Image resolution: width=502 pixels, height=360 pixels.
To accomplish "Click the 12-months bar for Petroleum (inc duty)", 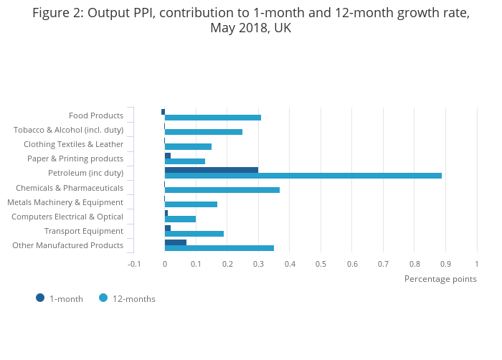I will (x=303, y=176).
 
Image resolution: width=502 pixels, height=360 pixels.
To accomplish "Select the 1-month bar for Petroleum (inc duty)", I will (x=212, y=170).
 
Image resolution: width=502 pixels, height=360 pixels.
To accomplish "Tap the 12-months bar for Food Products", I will (x=212, y=118).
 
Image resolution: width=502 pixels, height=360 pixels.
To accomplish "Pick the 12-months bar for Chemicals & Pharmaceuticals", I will (x=222, y=190).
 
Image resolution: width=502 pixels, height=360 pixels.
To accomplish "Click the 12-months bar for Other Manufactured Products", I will (x=219, y=248).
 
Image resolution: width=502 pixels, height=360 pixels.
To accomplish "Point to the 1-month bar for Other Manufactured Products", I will (x=176, y=242).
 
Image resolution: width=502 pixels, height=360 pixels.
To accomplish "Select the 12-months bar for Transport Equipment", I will (x=194, y=234).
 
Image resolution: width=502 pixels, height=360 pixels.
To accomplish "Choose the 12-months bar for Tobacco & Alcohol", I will (x=203, y=132).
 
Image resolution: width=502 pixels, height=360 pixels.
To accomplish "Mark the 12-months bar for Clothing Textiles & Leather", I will (x=188, y=146).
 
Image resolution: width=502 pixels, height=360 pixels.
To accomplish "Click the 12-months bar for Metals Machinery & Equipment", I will (x=191, y=204).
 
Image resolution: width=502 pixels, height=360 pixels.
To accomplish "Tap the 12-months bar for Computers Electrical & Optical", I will (x=180, y=219).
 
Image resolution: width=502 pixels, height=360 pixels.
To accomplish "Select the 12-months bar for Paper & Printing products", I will (x=184, y=161).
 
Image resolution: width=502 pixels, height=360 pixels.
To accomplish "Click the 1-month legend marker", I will (x=40, y=298).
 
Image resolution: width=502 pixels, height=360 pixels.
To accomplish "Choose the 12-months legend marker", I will (x=103, y=298).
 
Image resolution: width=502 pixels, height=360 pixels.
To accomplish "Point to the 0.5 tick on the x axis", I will (x=321, y=264).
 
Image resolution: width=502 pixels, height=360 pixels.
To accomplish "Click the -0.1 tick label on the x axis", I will (x=134, y=264).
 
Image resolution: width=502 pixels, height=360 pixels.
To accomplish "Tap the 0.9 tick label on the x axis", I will (x=445, y=264).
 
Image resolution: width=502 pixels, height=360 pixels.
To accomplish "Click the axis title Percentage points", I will (x=440, y=279).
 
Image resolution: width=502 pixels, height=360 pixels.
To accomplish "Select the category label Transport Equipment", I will (x=84, y=231).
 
